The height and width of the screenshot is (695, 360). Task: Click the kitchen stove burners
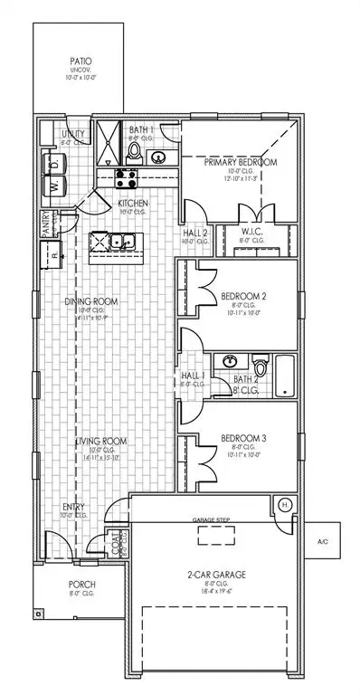coord(126,177)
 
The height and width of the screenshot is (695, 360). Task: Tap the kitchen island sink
coord(119,243)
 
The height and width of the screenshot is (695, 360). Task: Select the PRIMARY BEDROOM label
coord(240,163)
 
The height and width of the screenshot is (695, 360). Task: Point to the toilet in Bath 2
coord(260,368)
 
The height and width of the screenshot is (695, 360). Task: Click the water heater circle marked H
coord(284,504)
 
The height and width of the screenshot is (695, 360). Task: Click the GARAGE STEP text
coord(213,521)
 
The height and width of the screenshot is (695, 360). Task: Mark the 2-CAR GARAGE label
coord(214,574)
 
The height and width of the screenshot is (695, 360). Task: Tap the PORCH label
coord(82,584)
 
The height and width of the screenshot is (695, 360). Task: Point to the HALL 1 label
coord(194,374)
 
